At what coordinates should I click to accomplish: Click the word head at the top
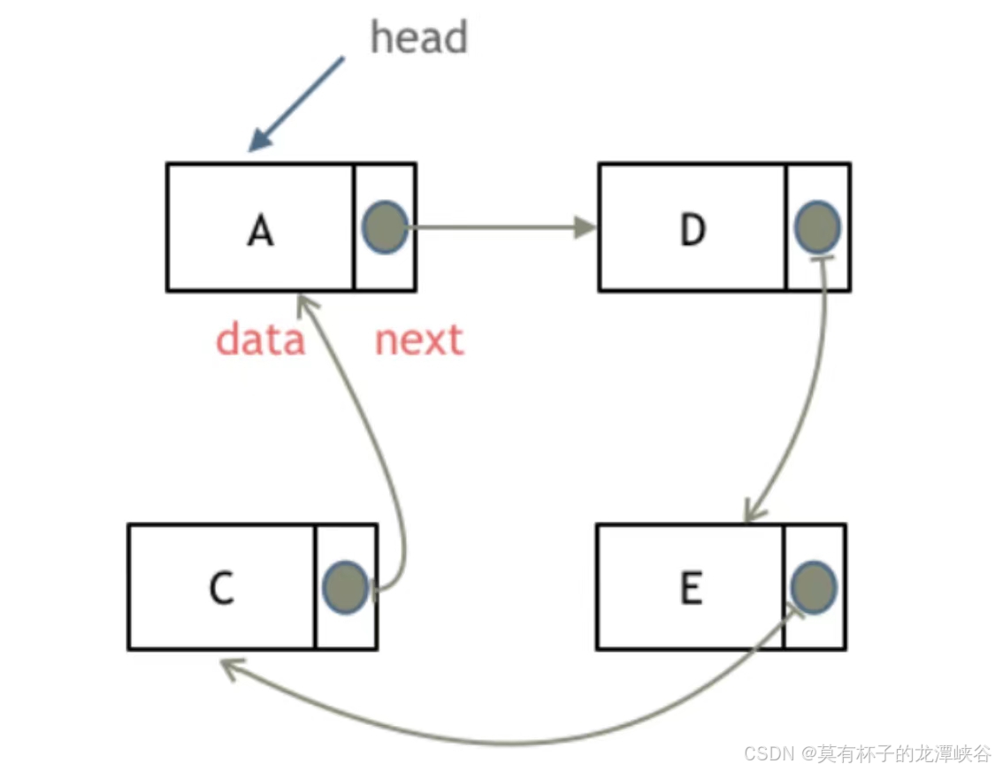418,38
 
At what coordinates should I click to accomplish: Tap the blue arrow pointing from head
295,104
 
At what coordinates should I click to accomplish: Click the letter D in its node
693,230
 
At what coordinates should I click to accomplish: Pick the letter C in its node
221,588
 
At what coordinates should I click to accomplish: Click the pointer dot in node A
385,225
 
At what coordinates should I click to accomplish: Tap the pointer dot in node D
817,225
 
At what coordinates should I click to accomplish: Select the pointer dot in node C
346,586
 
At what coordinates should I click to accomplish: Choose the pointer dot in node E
813,586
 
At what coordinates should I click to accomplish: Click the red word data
261,340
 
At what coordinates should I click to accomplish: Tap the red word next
418,340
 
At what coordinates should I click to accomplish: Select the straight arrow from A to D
495,227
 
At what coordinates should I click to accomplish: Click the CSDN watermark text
868,753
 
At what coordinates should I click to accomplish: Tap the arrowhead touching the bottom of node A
305,305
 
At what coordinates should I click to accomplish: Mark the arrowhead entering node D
584,227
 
